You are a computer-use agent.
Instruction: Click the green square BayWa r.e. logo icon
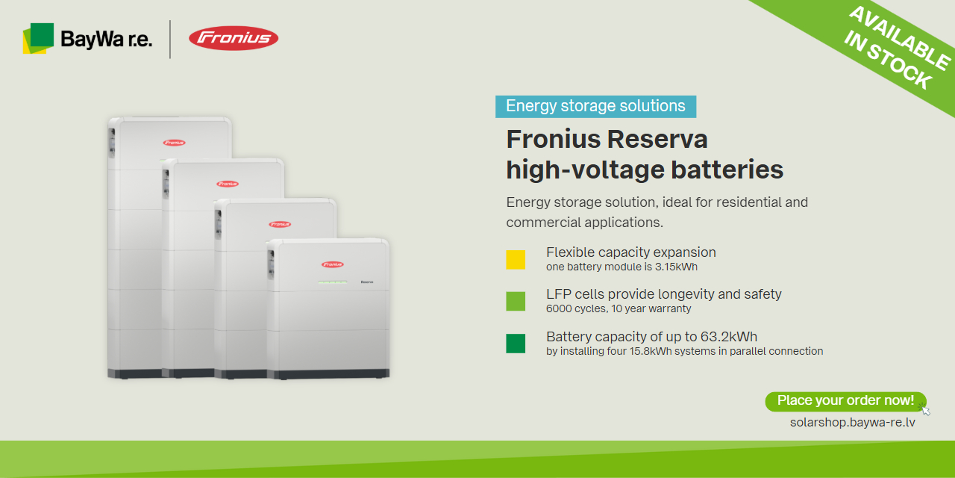coord(38,38)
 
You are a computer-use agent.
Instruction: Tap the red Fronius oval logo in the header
coord(234,38)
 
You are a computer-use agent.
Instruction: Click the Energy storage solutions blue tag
coord(595,106)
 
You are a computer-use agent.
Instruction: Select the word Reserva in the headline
coord(657,139)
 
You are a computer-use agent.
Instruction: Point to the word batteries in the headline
coord(727,170)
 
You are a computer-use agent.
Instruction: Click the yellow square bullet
coord(516,259)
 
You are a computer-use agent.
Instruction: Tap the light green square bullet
coord(516,301)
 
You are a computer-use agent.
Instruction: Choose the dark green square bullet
coord(516,344)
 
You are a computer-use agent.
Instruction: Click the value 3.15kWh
coord(676,267)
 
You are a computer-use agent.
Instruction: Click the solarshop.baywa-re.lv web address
coord(852,423)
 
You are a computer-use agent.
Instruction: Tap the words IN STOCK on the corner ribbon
coord(888,60)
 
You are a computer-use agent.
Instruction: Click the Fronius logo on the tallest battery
coord(174,143)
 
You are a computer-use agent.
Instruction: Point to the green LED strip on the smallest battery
coord(333,282)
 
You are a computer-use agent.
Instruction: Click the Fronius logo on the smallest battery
coord(333,264)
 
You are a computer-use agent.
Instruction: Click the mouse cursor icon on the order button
coord(925,410)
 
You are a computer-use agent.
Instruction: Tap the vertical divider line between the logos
coord(170,40)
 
